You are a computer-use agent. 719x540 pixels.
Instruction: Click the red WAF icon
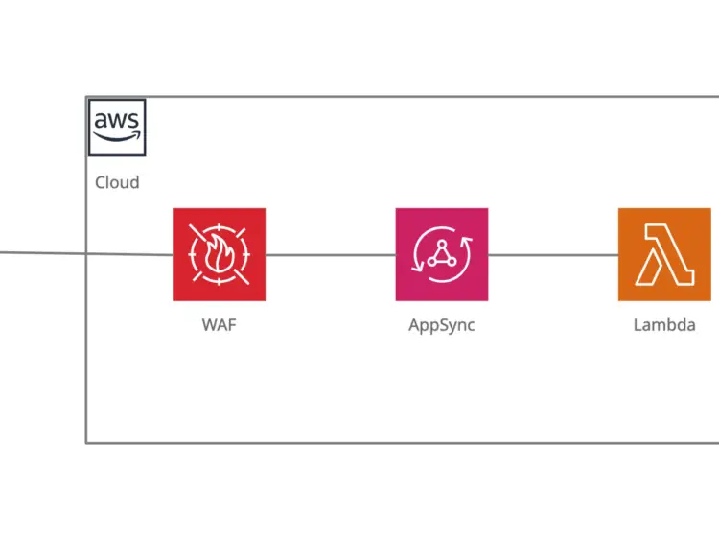(x=219, y=254)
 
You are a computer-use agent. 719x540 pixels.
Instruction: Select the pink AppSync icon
(x=441, y=254)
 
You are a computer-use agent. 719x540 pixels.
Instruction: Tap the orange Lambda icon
(x=663, y=254)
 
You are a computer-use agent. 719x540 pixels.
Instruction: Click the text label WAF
(x=219, y=325)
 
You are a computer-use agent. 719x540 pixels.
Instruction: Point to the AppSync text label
(x=441, y=325)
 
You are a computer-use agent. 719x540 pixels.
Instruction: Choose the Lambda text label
(x=663, y=325)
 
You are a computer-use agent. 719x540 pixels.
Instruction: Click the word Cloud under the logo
(x=117, y=182)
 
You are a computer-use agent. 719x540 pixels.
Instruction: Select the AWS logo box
(x=117, y=127)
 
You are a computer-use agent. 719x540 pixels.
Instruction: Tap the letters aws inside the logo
(x=117, y=121)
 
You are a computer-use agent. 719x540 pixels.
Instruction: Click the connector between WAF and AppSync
(x=330, y=255)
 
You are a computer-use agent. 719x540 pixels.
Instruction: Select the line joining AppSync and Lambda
(x=552, y=255)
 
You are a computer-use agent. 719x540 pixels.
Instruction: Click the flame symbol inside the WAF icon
(x=219, y=256)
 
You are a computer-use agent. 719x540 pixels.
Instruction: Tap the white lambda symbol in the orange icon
(x=663, y=254)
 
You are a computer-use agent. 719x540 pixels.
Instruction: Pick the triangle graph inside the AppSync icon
(x=441, y=255)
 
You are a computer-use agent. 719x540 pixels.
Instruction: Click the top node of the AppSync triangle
(x=441, y=246)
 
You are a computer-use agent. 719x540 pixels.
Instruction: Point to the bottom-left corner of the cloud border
(x=86, y=442)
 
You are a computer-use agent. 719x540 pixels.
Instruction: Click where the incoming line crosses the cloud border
(x=86, y=255)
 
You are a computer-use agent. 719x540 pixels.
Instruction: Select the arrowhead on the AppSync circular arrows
(x=468, y=240)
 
